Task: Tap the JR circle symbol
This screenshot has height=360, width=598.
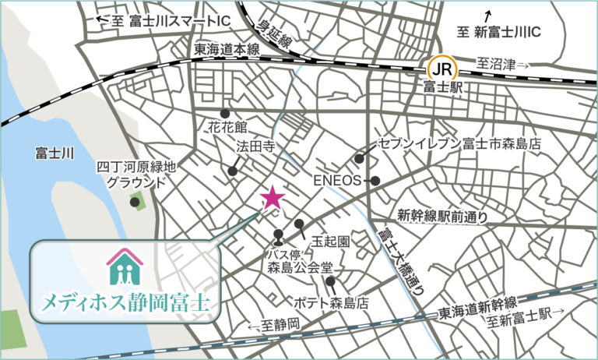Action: (441, 68)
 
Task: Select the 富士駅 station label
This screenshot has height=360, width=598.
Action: (441, 88)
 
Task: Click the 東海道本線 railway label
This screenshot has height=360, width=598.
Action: (226, 49)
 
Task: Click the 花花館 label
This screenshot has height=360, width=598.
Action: (227, 126)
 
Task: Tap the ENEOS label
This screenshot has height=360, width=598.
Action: (338, 181)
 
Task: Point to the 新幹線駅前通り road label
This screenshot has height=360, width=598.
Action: (442, 215)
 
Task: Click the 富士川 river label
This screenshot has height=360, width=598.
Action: (55, 154)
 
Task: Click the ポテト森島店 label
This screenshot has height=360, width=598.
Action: (331, 302)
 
